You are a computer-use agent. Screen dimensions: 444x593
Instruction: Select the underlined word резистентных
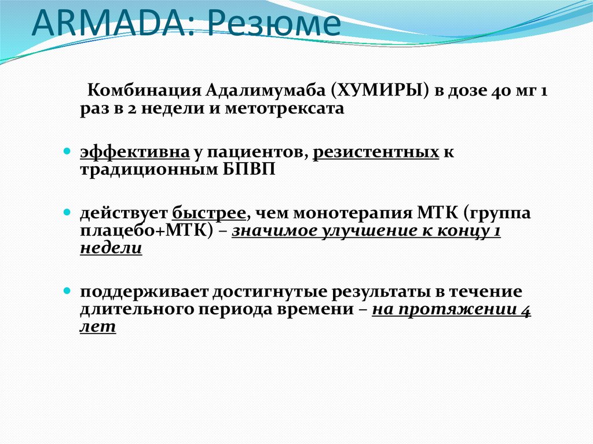[376, 152]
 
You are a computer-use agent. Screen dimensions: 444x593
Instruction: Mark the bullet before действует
[67, 213]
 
